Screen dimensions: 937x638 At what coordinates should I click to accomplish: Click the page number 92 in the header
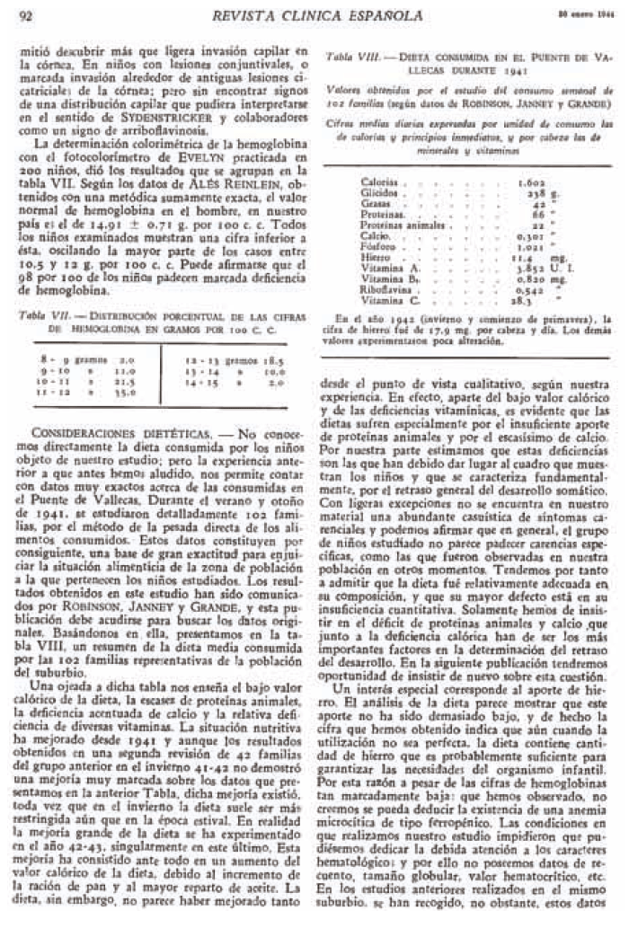[x=25, y=15]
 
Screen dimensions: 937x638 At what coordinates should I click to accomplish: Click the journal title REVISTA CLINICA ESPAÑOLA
[x=313, y=15]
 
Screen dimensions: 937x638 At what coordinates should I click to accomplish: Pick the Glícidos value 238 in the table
[x=533, y=193]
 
